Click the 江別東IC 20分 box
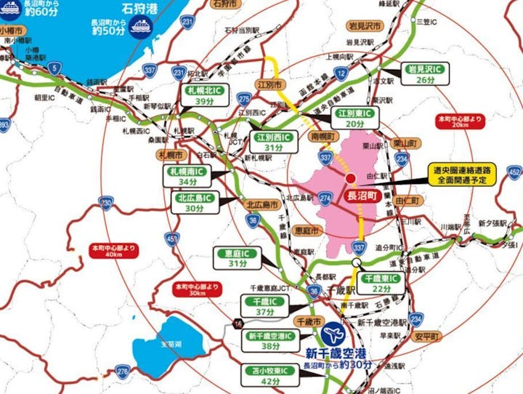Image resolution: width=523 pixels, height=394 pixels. coord(355,119)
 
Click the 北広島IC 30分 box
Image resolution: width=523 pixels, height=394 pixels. coord(194,202)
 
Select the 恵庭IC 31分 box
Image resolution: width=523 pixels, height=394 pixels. coord(238,258)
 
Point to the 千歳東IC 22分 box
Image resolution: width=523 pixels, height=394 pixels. coord(381,284)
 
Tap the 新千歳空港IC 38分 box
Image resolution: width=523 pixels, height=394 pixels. coord(270,341)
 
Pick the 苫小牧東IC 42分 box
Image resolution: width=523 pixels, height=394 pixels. coord(269,375)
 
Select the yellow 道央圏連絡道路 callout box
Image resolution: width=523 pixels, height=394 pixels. coord(461,175)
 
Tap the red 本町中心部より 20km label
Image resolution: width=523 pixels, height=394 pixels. coord(461,120)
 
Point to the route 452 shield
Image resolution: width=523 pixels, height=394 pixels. coord(514,172)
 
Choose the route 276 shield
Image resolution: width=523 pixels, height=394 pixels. coord(123,372)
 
